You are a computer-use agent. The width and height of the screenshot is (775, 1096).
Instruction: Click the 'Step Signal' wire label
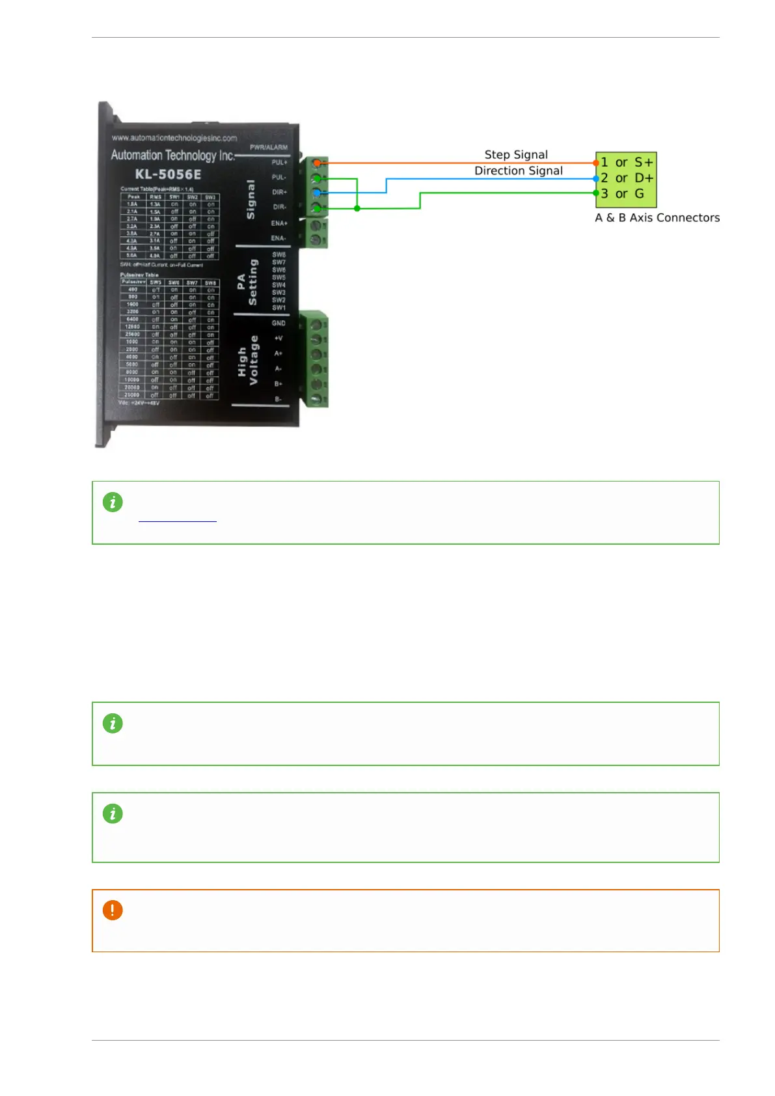(x=516, y=155)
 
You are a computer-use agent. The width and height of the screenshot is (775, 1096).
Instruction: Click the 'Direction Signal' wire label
(x=518, y=171)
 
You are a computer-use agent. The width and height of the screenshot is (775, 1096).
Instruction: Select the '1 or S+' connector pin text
(x=627, y=162)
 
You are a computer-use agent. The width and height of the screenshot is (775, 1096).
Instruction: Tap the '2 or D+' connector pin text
(x=627, y=178)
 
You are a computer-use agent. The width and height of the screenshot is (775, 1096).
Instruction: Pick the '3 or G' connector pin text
(x=622, y=193)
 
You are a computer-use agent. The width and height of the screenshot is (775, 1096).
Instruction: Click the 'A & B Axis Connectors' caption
(x=657, y=218)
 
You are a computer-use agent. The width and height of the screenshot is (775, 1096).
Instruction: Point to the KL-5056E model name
(x=168, y=174)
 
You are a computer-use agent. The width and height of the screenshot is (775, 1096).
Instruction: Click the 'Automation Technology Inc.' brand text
(x=172, y=156)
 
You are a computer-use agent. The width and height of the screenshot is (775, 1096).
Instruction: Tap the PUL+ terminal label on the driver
(x=279, y=162)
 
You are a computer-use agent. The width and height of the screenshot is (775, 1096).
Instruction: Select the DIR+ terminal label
(x=279, y=192)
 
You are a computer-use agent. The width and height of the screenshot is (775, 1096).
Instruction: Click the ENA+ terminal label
(x=279, y=223)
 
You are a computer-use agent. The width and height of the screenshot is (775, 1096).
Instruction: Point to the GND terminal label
(x=279, y=323)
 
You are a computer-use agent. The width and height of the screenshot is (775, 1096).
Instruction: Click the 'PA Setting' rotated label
(x=247, y=282)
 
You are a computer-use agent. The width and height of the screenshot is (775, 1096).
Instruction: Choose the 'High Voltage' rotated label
(x=248, y=360)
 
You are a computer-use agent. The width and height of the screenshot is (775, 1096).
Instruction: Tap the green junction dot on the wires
(x=357, y=208)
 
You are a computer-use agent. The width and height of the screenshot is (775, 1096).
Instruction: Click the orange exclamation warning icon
(x=113, y=910)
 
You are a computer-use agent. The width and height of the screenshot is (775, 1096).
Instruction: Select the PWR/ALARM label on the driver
(x=269, y=148)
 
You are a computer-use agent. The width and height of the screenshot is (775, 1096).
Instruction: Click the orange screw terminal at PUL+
(x=317, y=163)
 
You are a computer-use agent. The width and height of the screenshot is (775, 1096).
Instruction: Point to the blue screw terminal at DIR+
(x=317, y=193)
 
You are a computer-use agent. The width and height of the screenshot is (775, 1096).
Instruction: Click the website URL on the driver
(x=174, y=138)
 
